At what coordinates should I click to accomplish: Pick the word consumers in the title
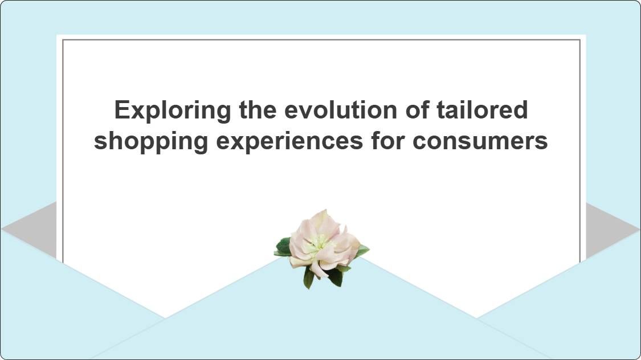480,141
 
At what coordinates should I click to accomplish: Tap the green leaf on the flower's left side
283,247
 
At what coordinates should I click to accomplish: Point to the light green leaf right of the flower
362,249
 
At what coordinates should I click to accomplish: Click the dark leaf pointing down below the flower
308,277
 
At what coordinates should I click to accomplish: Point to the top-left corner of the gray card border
63,40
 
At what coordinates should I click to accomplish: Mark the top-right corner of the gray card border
580,40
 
